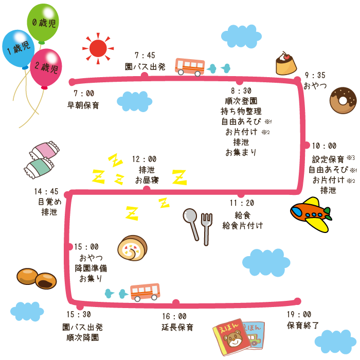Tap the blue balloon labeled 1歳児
[18, 48]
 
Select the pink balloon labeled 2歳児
[46, 67]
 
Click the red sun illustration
[98, 48]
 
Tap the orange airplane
[310, 213]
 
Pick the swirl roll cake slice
[132, 248]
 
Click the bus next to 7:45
[190, 66]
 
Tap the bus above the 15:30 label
[145, 292]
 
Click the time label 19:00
[299, 314]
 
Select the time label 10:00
[324, 146]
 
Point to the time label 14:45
[46, 191]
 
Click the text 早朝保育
[83, 105]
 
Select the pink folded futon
[44, 150]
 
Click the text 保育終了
[303, 325]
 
